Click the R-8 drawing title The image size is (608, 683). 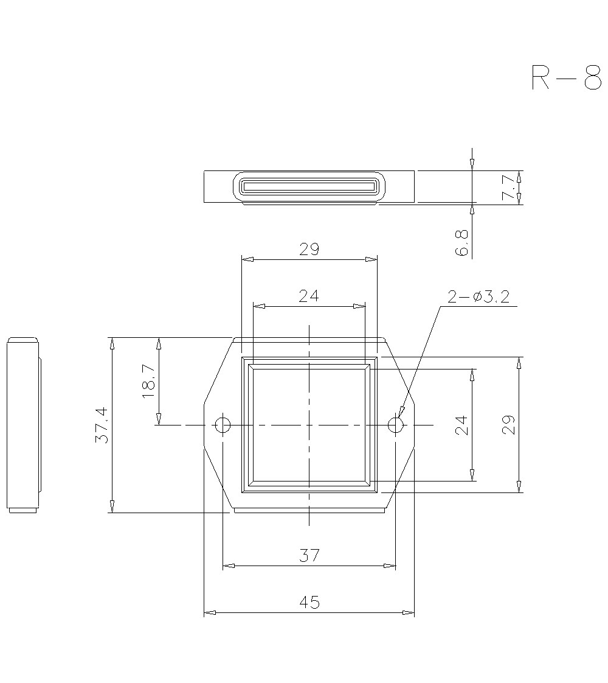point(566,77)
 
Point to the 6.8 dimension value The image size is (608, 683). point(462,242)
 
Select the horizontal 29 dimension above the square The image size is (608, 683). point(309,249)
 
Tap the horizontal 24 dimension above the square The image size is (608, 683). point(309,296)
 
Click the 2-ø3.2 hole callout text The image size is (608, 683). point(478,296)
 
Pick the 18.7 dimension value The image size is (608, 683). point(149,382)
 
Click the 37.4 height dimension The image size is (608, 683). point(102,425)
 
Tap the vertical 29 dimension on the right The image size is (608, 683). point(509,424)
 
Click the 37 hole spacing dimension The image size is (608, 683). point(309,555)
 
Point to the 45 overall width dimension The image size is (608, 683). point(309,602)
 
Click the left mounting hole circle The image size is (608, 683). point(223,425)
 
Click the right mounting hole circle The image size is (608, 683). point(395,425)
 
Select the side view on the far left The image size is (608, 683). point(23,425)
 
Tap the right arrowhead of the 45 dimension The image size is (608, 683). point(409,612)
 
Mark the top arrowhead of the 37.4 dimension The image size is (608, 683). point(112,343)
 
